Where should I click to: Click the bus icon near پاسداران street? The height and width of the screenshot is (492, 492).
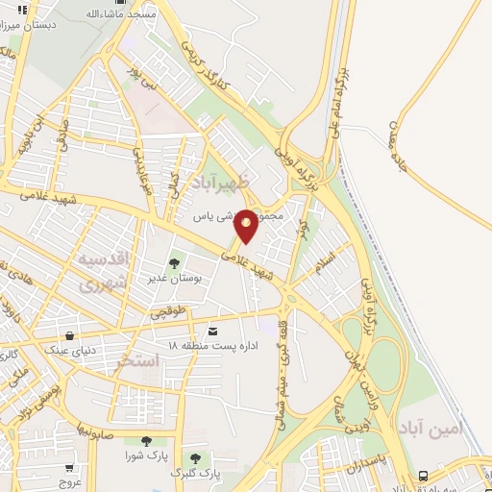click(x=424, y=475)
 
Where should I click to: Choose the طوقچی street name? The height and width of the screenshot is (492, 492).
click(x=164, y=310)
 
